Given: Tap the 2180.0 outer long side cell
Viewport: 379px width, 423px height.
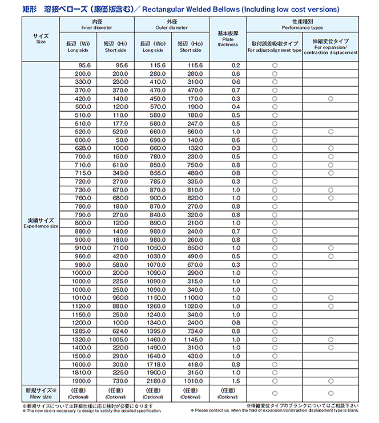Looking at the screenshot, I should tap(154, 380).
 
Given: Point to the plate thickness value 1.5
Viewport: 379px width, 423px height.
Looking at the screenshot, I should tap(235, 380).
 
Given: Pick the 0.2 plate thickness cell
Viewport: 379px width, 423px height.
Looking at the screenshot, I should tap(235, 66).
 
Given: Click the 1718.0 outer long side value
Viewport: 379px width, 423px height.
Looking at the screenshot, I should tap(154, 364).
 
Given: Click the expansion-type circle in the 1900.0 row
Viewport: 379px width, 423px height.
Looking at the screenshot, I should tap(330, 380).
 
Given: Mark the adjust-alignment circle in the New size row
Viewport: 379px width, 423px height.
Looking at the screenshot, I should tap(275, 393).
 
